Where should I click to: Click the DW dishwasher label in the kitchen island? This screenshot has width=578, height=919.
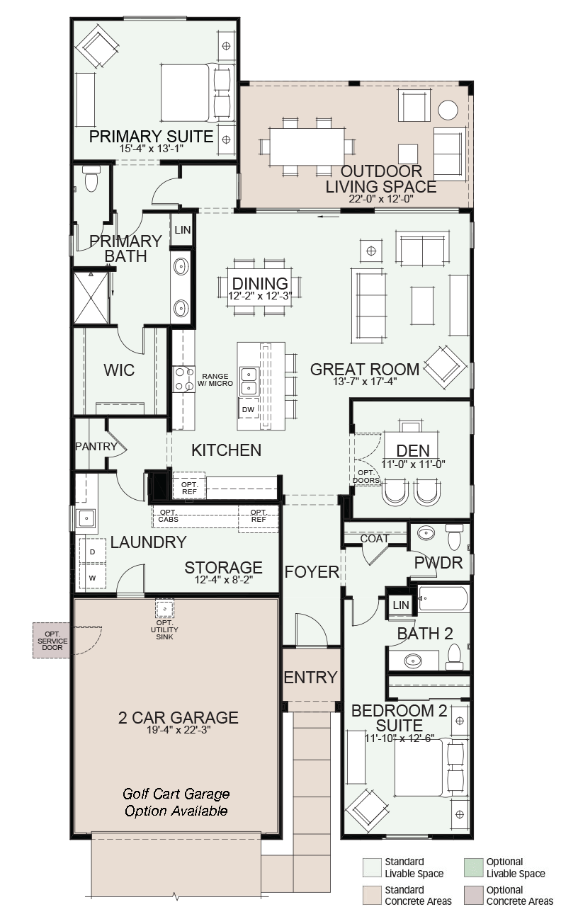pyautogui.click(x=248, y=409)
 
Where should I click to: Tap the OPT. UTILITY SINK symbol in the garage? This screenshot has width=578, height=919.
pyautogui.click(x=164, y=608)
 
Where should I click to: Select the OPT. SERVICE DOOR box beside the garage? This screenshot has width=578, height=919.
pyautogui.click(x=51, y=641)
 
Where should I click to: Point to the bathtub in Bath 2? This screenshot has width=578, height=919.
pyautogui.click(x=443, y=598)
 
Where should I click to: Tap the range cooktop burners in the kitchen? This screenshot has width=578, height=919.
pyautogui.click(x=183, y=379)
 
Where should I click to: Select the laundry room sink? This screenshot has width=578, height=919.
pyautogui.click(x=86, y=518)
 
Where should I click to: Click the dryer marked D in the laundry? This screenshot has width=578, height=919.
pyautogui.click(x=92, y=552)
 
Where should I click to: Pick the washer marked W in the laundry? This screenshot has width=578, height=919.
pyautogui.click(x=92, y=578)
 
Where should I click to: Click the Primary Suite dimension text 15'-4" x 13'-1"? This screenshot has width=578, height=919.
pyautogui.click(x=151, y=149)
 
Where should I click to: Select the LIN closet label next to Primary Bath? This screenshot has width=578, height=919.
pyautogui.click(x=182, y=229)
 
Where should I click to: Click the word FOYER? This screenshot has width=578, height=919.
pyautogui.click(x=312, y=571)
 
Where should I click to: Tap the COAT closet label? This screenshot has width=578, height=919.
pyautogui.click(x=375, y=538)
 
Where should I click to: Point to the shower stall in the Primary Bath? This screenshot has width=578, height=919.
pyautogui.click(x=91, y=298)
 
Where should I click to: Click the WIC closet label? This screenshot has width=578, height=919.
pyautogui.click(x=119, y=370)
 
